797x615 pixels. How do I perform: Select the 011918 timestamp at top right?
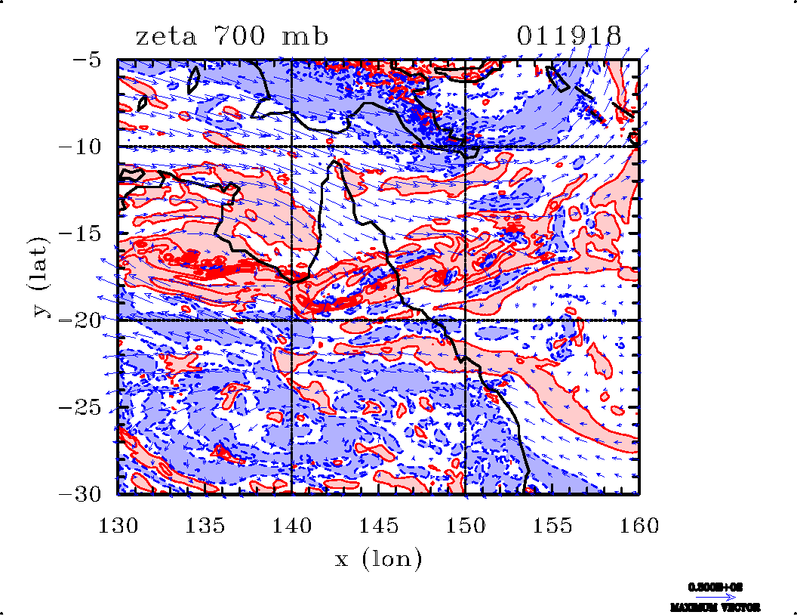pos(569,36)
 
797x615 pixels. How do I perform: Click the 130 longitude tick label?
pos(118,524)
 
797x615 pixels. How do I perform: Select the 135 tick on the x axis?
pos(205,524)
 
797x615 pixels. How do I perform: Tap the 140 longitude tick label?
pos(291,524)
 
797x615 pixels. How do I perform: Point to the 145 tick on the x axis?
pos(379,524)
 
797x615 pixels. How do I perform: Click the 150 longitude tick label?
pos(466,524)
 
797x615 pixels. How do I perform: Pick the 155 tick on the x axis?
pos(552,524)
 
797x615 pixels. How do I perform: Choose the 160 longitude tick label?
pos(639,524)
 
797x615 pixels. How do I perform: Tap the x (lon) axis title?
pos(378,560)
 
